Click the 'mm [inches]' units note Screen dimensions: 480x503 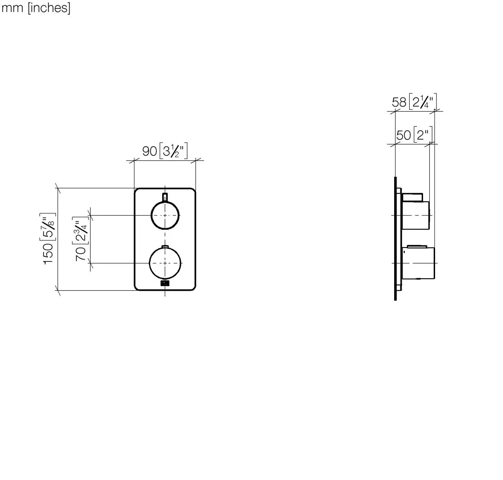click(x=36, y=8)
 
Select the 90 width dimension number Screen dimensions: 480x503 click(x=149, y=151)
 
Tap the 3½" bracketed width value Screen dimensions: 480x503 click(x=174, y=151)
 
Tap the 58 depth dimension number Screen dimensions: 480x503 click(x=399, y=102)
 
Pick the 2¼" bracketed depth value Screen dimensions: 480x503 click(x=423, y=102)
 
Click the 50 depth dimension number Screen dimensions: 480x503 click(x=403, y=135)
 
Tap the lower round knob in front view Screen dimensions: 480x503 click(x=165, y=263)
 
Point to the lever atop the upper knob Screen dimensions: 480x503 click(x=165, y=197)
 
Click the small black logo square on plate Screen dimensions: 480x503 click(x=165, y=283)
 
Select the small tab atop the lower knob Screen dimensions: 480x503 click(x=165, y=247)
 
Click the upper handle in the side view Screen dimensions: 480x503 click(x=416, y=215)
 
